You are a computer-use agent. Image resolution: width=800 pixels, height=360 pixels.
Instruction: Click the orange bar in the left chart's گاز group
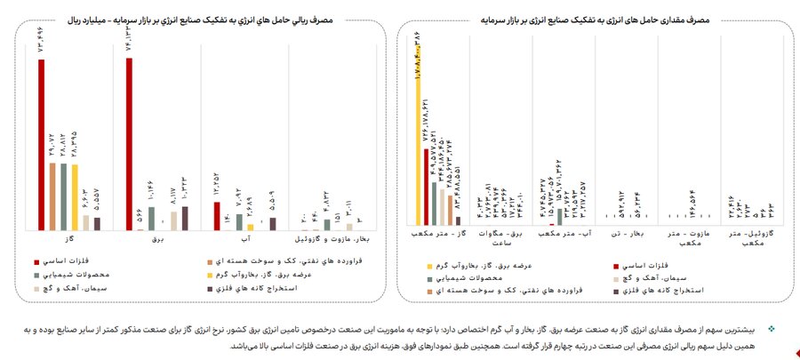(52, 196)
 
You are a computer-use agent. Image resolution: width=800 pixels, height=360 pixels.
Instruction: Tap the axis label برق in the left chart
(157, 240)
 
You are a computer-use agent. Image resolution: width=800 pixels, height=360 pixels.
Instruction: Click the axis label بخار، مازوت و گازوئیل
(332, 240)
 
